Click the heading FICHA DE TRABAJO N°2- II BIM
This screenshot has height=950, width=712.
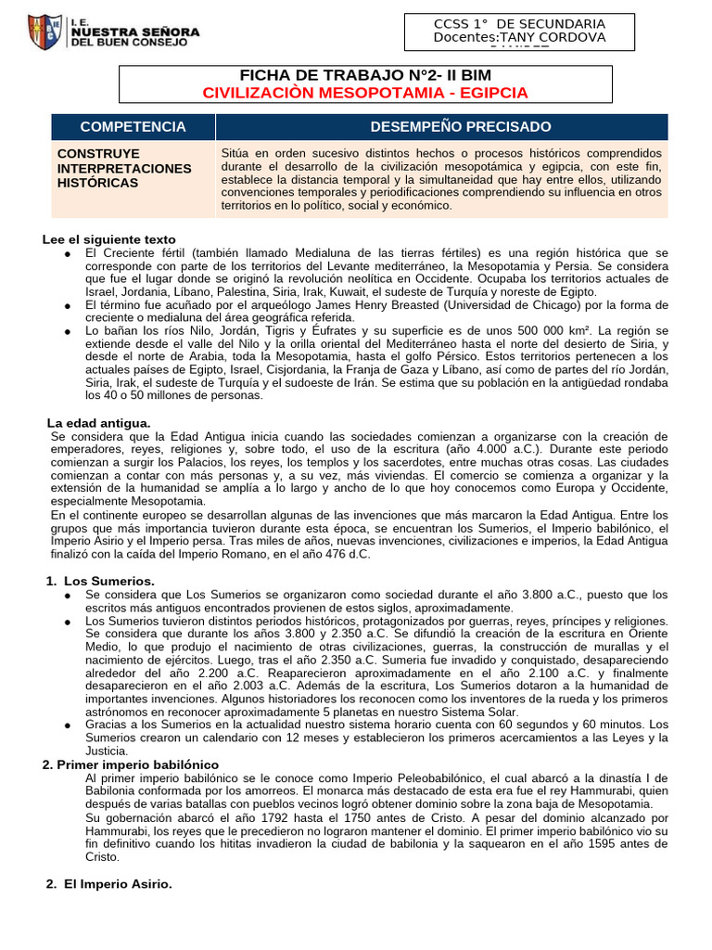[365, 75]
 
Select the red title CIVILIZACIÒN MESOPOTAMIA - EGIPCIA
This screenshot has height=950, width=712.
[365, 93]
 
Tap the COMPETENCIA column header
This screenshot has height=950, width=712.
[133, 126]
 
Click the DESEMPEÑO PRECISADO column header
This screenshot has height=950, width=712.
[461, 126]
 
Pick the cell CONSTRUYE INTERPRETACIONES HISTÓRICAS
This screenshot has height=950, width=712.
[124, 168]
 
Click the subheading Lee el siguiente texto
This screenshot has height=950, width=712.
[108, 239]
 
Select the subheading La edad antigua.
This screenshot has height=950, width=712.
[98, 423]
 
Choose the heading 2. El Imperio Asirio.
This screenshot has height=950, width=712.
[109, 884]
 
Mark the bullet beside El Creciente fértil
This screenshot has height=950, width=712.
[69, 253]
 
